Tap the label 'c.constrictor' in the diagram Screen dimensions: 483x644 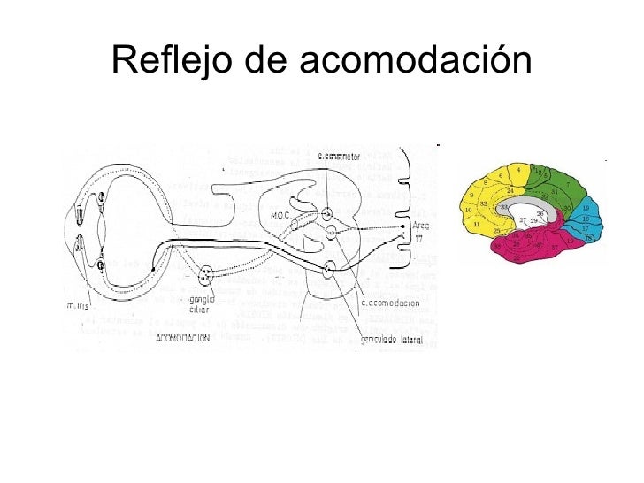click(x=340, y=157)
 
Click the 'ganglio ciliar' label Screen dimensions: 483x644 click(x=202, y=305)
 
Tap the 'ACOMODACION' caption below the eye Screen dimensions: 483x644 click(x=183, y=338)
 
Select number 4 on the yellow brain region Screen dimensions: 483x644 click(x=518, y=168)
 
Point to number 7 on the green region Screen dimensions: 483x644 click(x=567, y=185)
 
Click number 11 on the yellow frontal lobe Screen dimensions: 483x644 click(x=477, y=225)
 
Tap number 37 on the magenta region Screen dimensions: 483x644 click(x=554, y=247)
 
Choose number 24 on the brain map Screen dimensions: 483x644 click(x=510, y=190)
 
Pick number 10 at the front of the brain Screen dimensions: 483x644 click(x=470, y=210)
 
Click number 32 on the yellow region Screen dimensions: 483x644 click(x=484, y=203)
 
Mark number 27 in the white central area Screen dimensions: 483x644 click(x=523, y=219)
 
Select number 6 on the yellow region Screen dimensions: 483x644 click(x=500, y=175)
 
